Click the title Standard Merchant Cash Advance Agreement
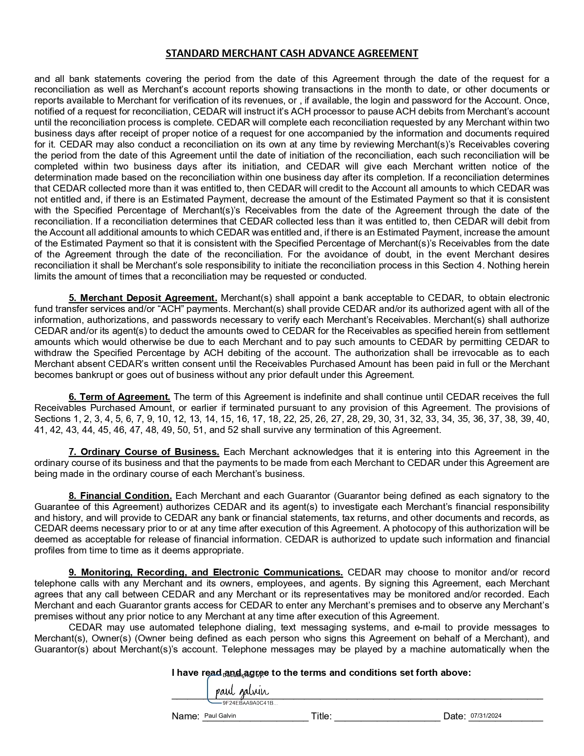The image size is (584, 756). click(292, 54)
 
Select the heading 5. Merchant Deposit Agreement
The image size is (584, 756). click(143, 298)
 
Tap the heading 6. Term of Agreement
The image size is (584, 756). click(120, 397)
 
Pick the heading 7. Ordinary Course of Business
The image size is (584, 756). click(144, 452)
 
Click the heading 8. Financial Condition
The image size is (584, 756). click(120, 496)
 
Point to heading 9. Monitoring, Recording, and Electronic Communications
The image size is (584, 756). click(206, 572)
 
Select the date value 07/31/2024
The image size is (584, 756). click(486, 716)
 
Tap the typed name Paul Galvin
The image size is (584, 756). click(220, 716)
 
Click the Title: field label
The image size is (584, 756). click(321, 717)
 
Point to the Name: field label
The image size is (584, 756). click(186, 717)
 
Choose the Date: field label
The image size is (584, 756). click(454, 717)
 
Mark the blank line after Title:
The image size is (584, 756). click(387, 719)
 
